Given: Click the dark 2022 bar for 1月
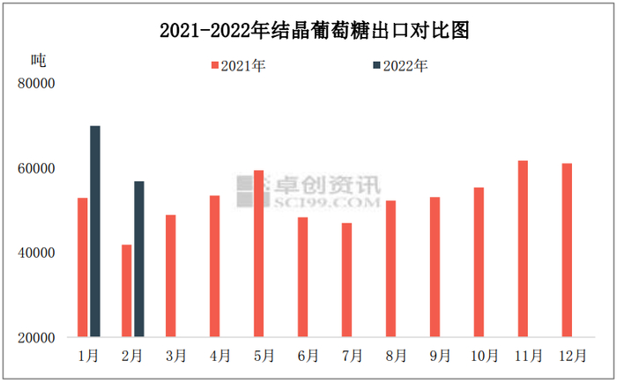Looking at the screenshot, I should [95, 231].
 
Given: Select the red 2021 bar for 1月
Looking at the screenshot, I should [83, 267].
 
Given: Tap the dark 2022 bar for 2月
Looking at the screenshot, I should [139, 259].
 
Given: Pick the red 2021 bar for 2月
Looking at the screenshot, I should [127, 291].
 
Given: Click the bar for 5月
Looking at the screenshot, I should [259, 254].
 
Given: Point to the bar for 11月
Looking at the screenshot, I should [523, 248].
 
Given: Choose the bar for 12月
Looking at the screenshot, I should [567, 250].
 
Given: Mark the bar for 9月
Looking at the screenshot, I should [435, 267].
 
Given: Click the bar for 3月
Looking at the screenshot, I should [171, 276].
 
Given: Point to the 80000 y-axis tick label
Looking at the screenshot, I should [38, 85].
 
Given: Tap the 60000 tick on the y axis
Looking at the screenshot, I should [38, 169].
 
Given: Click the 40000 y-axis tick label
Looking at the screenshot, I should [38, 254].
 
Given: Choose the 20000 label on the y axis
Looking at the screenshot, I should [38, 338].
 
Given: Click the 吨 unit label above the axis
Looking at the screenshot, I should [39, 60].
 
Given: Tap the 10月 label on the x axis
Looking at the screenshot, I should [484, 356].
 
